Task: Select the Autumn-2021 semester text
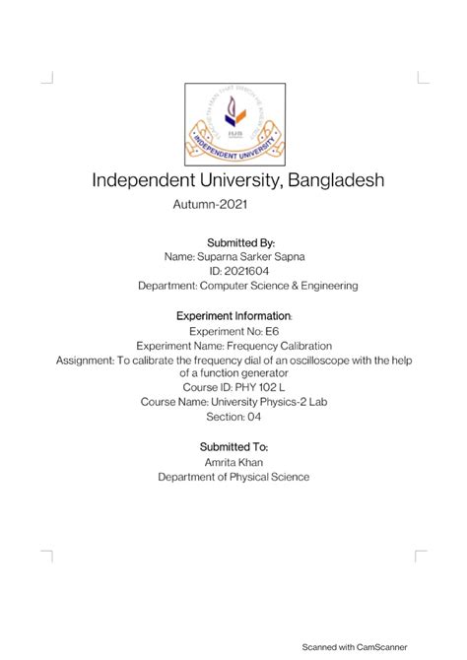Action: (x=209, y=206)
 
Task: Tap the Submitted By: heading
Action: (x=233, y=241)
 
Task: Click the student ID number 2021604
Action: (x=244, y=271)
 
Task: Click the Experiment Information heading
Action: (x=233, y=316)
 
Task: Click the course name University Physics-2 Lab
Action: (x=261, y=402)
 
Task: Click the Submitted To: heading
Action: (x=233, y=446)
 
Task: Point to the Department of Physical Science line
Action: (x=233, y=477)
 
